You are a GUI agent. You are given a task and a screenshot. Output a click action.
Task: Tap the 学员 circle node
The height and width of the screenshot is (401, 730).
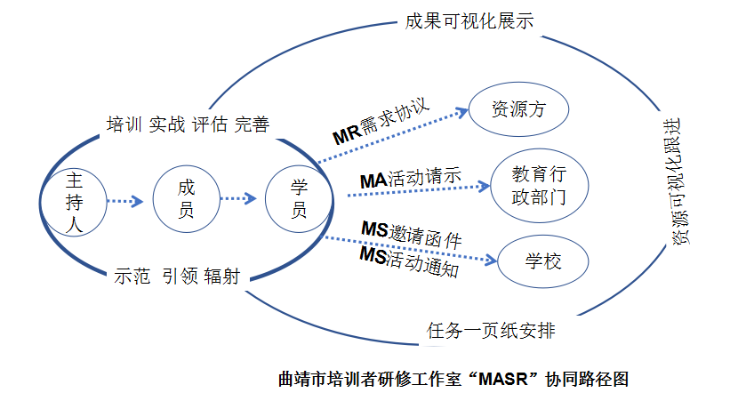(299, 200)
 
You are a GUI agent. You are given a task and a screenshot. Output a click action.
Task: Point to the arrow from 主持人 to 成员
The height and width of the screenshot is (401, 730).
(124, 201)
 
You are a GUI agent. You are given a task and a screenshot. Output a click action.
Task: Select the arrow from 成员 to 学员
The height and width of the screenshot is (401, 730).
(237, 199)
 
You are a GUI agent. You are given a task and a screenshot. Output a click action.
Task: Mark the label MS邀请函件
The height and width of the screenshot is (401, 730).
(411, 234)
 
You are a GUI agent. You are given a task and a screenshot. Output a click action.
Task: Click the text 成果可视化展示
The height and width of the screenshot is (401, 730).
(469, 21)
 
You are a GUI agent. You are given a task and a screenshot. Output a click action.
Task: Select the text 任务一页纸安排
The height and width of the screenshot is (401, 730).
(491, 332)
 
